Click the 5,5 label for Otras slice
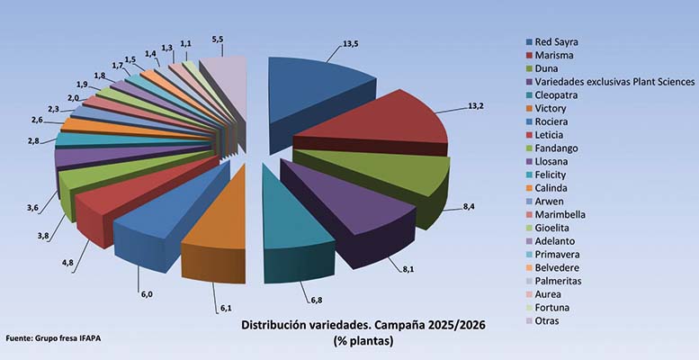tap(218, 40)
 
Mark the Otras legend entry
tap(548, 321)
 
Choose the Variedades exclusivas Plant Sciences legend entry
tap(615, 82)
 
